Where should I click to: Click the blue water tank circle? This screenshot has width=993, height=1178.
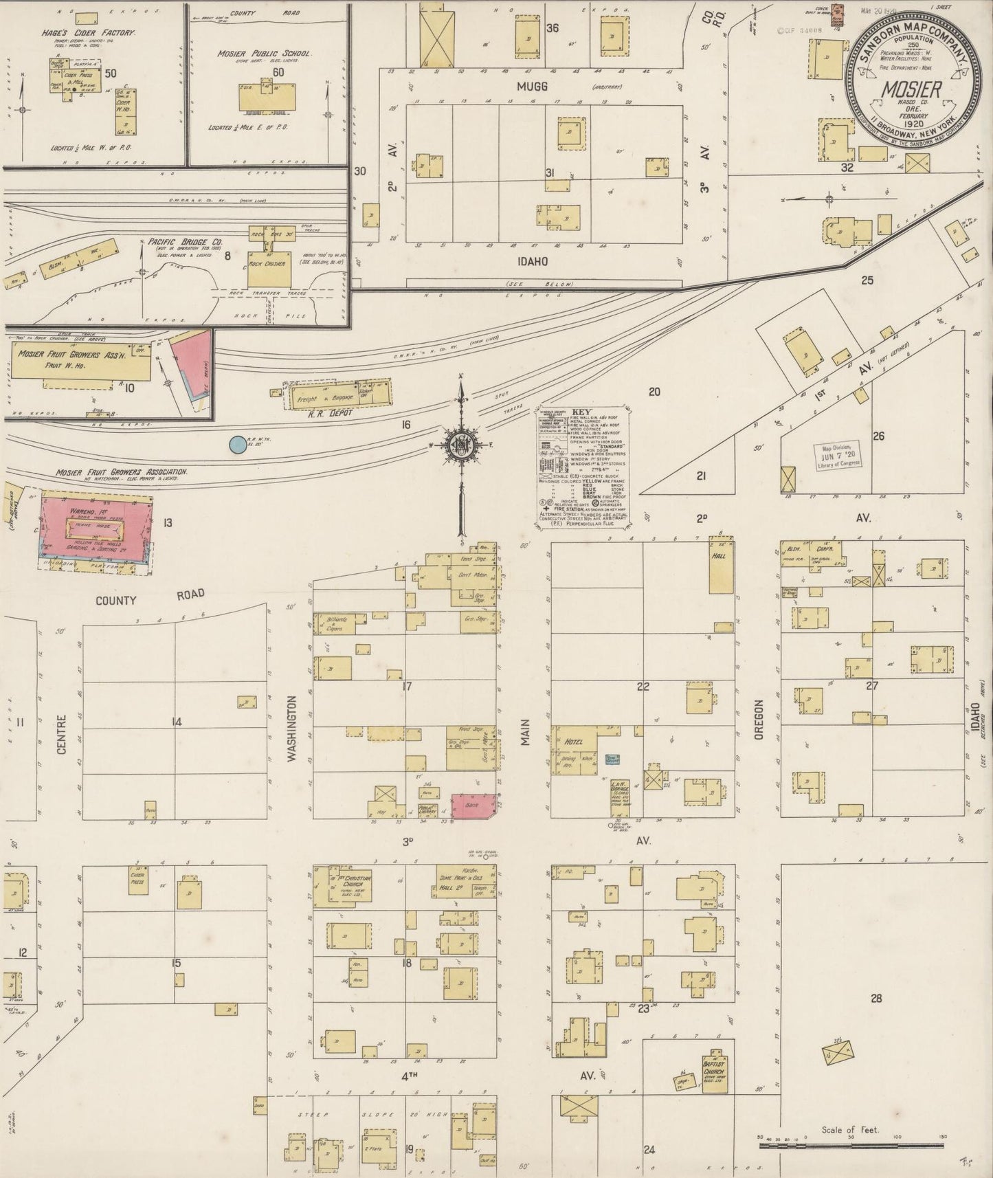(237, 445)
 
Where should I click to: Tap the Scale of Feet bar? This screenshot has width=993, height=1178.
(852, 1146)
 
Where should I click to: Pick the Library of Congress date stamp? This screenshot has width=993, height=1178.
(838, 457)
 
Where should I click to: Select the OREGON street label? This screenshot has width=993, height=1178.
(759, 720)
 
